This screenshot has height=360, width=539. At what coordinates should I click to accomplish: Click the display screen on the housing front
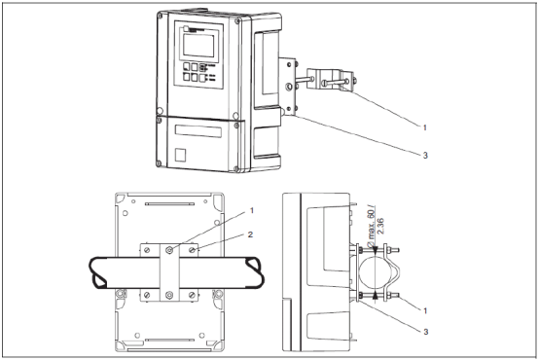point(200,46)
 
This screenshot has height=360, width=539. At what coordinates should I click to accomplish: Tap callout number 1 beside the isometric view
point(425,127)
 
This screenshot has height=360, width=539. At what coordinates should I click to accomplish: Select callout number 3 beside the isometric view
point(425,156)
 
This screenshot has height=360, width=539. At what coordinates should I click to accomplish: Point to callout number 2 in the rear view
point(250,234)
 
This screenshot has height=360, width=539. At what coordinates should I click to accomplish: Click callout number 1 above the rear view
point(252,210)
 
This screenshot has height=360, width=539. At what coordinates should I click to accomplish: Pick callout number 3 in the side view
point(426,332)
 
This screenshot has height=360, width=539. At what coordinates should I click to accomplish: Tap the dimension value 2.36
point(380,226)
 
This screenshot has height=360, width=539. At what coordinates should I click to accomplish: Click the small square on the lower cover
point(180,155)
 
